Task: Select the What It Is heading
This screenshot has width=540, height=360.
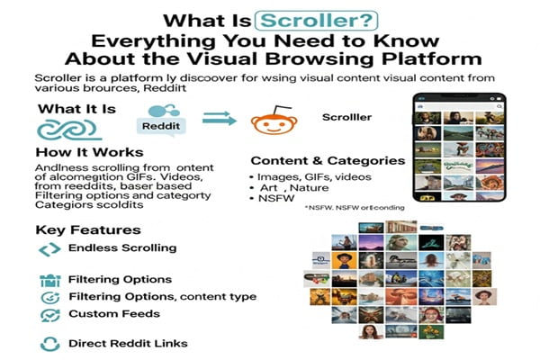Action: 77,110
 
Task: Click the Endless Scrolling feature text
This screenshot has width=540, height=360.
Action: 122,247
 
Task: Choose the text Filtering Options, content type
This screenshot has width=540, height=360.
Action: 163,296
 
